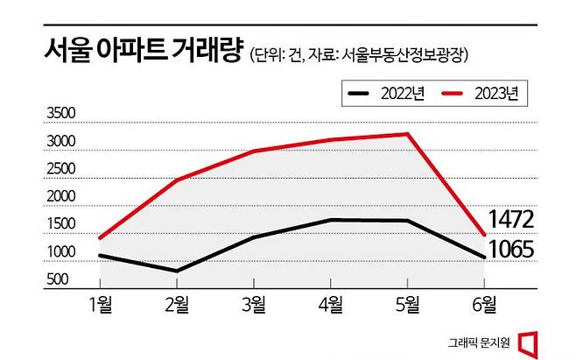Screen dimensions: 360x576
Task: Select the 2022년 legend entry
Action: (385, 93)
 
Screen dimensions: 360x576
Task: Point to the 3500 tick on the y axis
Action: (61, 113)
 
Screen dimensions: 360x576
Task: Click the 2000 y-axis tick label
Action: (61, 196)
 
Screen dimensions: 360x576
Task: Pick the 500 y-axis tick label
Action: (61, 279)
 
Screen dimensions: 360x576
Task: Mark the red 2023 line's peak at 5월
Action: (408, 134)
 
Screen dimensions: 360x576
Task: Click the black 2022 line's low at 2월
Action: (178, 271)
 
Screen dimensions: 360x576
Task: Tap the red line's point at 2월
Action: (178, 180)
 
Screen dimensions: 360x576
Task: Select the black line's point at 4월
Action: (331, 220)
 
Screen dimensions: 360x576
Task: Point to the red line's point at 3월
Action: (254, 151)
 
